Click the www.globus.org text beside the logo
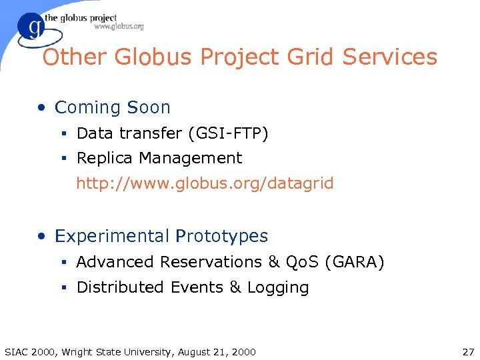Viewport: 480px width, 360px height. [119, 27]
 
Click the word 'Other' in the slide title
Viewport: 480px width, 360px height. [75, 57]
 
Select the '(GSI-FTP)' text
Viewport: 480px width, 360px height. [228, 133]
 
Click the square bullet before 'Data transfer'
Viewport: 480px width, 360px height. [65, 134]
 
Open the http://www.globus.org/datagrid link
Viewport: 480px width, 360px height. [205, 183]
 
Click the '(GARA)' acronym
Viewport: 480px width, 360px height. [354, 262]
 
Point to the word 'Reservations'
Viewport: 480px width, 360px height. [211, 262]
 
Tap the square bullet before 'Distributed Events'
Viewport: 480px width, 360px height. [65, 288]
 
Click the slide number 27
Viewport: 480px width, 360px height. [467, 351]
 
